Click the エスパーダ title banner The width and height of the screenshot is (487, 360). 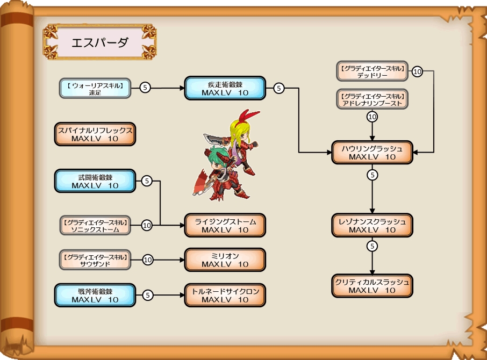click(99, 41)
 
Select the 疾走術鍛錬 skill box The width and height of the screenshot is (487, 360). click(225, 88)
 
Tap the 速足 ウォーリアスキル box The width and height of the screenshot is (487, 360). click(95, 88)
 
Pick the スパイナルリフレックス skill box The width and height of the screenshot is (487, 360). click(95, 134)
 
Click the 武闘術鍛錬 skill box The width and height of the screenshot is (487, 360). click(95, 181)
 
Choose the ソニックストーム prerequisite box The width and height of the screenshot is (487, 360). click(95, 226)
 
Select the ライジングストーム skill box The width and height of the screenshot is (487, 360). click(225, 226)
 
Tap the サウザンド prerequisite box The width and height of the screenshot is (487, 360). click(95, 260)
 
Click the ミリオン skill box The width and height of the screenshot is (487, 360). click(225, 260)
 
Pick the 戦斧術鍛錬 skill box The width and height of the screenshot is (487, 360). click(95, 296)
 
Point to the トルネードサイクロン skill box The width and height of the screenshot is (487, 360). click(225, 296)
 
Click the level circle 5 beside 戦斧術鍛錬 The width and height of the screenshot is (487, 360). click(148, 296)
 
